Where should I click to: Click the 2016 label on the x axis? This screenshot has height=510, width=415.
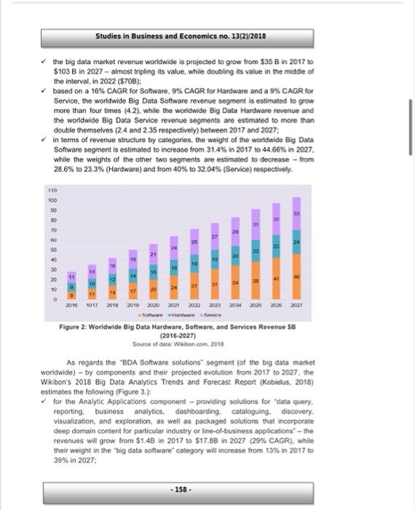71,306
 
